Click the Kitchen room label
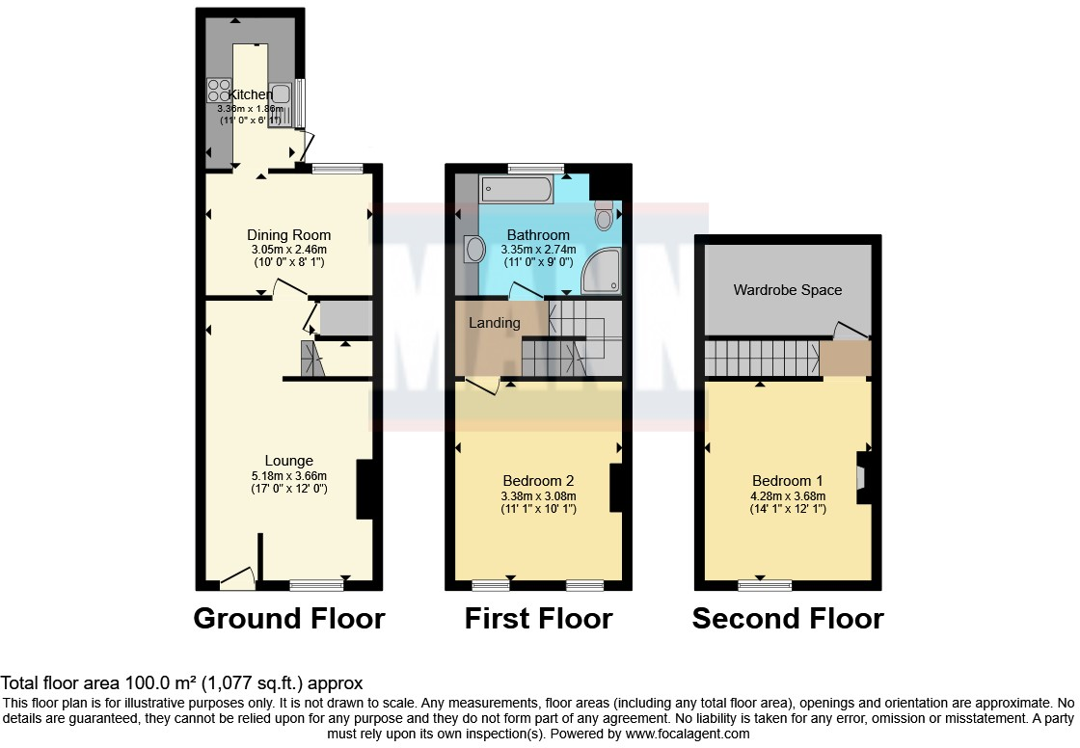click(x=250, y=94)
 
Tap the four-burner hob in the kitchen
click(x=219, y=90)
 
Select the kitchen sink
click(x=281, y=93)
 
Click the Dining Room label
click(x=288, y=235)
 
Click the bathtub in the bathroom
click(x=517, y=189)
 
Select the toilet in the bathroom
click(x=605, y=216)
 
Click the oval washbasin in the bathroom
click(x=474, y=250)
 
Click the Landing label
click(x=495, y=323)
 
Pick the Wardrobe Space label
click(x=788, y=290)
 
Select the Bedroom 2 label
click(x=538, y=481)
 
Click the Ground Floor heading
click(x=289, y=618)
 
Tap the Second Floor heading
click(x=788, y=618)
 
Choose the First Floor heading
click(x=538, y=618)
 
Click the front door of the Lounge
click(x=237, y=578)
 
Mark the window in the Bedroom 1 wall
click(x=766, y=584)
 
